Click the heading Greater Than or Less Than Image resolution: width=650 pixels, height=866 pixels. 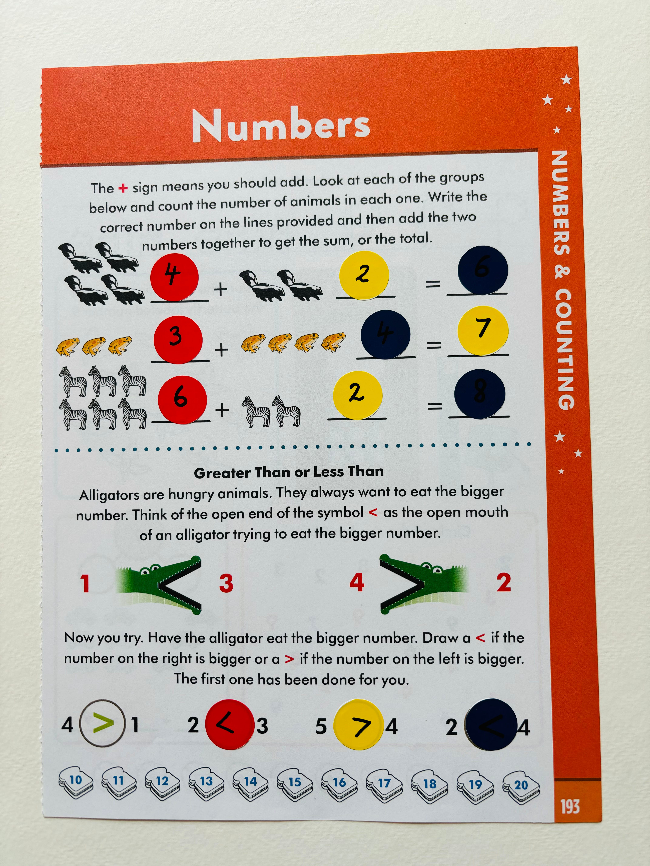[289, 472]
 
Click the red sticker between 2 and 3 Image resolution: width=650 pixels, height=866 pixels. [230, 724]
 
